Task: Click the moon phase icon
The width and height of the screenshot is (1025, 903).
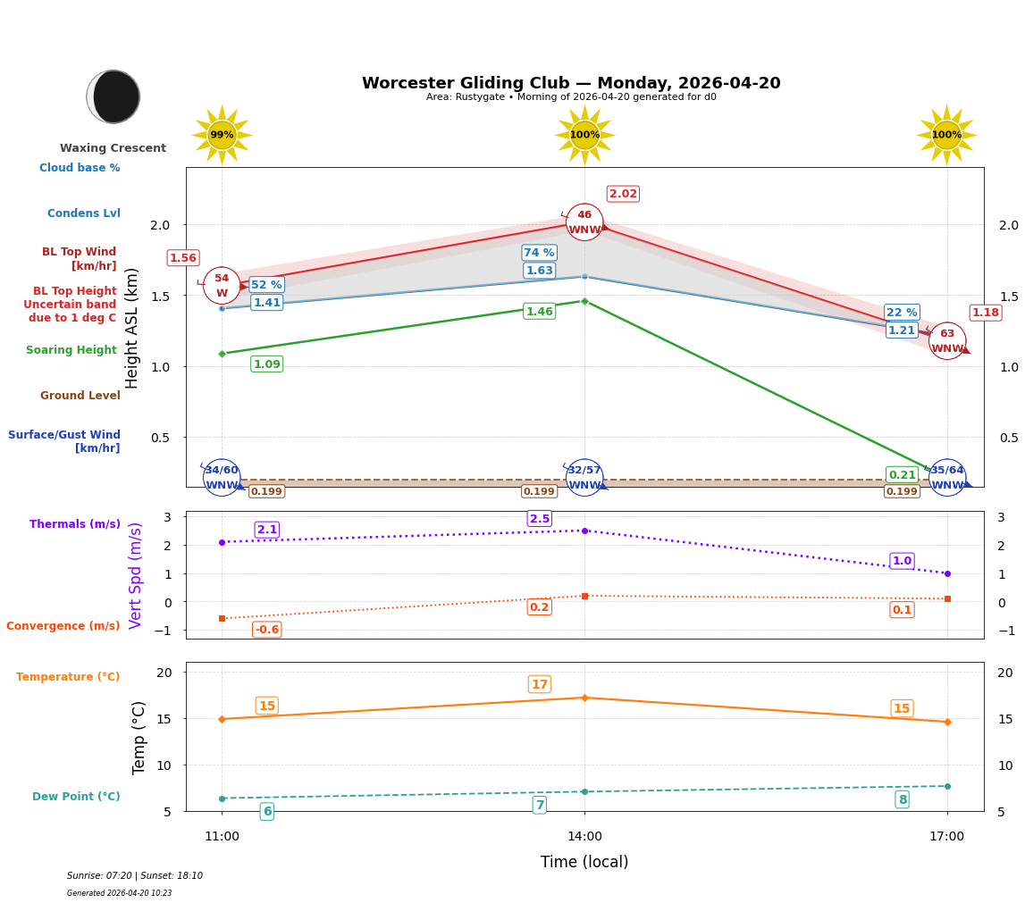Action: click(113, 96)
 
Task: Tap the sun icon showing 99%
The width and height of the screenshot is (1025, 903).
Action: click(222, 135)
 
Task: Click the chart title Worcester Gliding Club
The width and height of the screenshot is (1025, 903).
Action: click(570, 83)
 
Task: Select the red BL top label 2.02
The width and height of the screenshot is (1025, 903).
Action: click(623, 194)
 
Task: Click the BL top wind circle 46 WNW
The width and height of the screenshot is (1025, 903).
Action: click(584, 222)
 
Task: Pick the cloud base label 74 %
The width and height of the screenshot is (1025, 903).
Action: click(539, 253)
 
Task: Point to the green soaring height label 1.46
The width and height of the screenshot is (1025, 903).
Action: click(539, 312)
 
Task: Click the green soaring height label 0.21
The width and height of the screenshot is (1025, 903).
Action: click(902, 475)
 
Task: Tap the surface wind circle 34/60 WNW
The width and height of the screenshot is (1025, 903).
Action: click(222, 478)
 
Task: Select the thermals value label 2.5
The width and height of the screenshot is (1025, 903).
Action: click(540, 519)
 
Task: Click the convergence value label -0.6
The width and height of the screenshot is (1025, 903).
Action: click(266, 630)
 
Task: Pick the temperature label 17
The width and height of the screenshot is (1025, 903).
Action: click(540, 685)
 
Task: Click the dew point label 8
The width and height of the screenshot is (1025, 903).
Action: click(902, 799)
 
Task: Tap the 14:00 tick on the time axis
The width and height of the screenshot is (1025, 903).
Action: click(584, 837)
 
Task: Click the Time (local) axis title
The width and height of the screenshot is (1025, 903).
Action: click(584, 862)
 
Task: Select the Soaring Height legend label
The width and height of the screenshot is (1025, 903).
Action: click(71, 350)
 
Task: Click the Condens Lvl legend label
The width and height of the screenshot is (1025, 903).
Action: click(84, 213)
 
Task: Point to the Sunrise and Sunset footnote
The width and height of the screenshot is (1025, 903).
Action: click(135, 876)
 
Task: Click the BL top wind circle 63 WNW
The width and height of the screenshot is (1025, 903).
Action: click(947, 341)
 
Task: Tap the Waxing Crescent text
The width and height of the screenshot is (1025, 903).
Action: click(113, 148)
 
